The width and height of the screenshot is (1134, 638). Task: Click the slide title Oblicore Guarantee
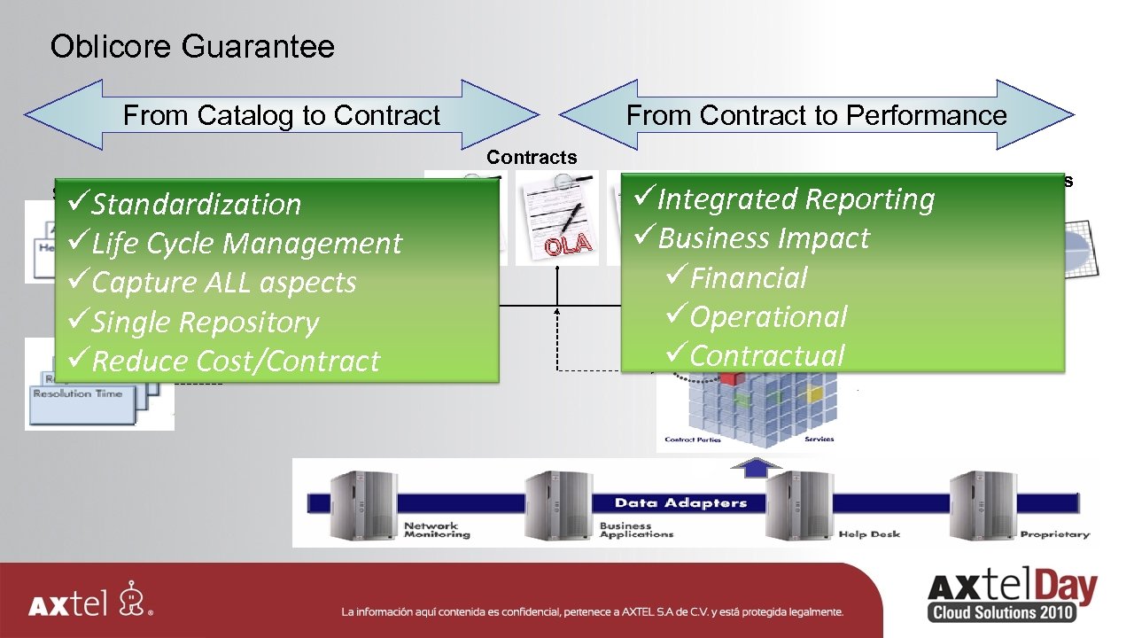pyautogui.click(x=192, y=46)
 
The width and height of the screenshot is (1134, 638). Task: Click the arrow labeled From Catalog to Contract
pyautogui.click(x=281, y=115)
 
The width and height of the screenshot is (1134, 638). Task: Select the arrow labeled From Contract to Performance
pyautogui.click(x=816, y=115)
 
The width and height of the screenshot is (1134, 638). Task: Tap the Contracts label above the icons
pyautogui.click(x=532, y=158)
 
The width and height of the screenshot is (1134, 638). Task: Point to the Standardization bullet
pyautogui.click(x=196, y=204)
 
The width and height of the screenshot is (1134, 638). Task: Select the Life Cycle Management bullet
pyautogui.click(x=246, y=243)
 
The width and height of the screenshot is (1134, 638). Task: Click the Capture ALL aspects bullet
pyautogui.click(x=223, y=282)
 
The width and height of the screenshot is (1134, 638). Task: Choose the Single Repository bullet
pyautogui.click(x=205, y=322)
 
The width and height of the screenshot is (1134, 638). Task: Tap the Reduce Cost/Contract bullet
pyautogui.click(x=235, y=361)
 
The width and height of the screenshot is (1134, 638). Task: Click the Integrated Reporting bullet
pyautogui.click(x=795, y=198)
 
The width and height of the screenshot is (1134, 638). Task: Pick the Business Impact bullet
pyautogui.click(x=763, y=237)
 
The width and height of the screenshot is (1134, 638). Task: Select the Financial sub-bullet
pyautogui.click(x=748, y=277)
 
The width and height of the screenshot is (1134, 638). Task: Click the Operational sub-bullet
pyautogui.click(x=767, y=316)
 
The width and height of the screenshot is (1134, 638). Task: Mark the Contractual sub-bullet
pyautogui.click(x=766, y=355)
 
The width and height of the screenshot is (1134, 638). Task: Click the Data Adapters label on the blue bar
pyautogui.click(x=680, y=502)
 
